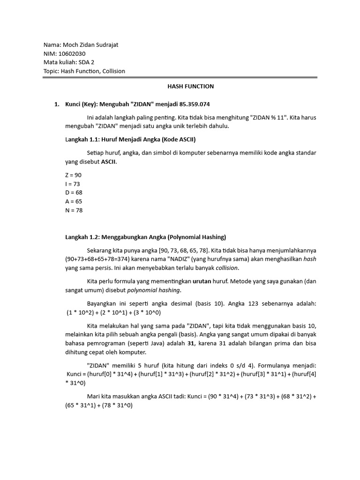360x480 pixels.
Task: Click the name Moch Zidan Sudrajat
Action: pos(93,45)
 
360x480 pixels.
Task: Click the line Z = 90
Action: pos(73,175)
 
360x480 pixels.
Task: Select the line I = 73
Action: pos(73,184)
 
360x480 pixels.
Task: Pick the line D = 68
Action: pos(73,193)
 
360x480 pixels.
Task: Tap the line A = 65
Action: pos(73,202)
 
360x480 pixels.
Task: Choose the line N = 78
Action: pos(74,210)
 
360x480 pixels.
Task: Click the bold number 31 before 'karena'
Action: pos(190,343)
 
